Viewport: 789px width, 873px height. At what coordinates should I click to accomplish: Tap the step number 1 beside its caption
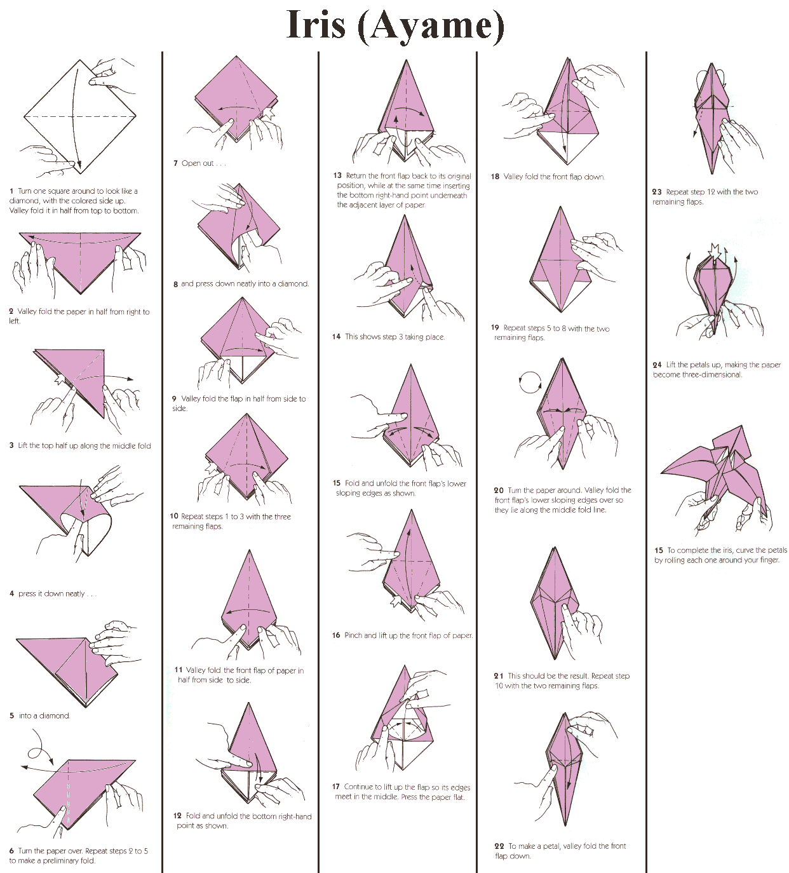(11, 191)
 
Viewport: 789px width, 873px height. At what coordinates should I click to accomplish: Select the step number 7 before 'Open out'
(175, 163)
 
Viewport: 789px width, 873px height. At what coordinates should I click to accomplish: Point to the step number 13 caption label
(337, 176)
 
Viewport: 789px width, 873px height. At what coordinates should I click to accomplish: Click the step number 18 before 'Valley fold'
(495, 177)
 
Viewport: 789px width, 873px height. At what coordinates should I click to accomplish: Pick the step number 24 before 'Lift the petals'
(657, 365)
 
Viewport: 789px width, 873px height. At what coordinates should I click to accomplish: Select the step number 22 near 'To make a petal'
(499, 846)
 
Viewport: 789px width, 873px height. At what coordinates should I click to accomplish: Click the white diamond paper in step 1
(80, 117)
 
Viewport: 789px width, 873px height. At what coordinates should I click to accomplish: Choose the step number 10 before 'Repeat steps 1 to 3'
(174, 517)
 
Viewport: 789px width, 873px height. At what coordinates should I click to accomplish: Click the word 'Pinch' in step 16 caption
(353, 635)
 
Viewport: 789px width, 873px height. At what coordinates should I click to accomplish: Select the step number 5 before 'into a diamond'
(11, 716)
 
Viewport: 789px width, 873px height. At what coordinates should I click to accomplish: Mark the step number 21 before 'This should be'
(499, 676)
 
